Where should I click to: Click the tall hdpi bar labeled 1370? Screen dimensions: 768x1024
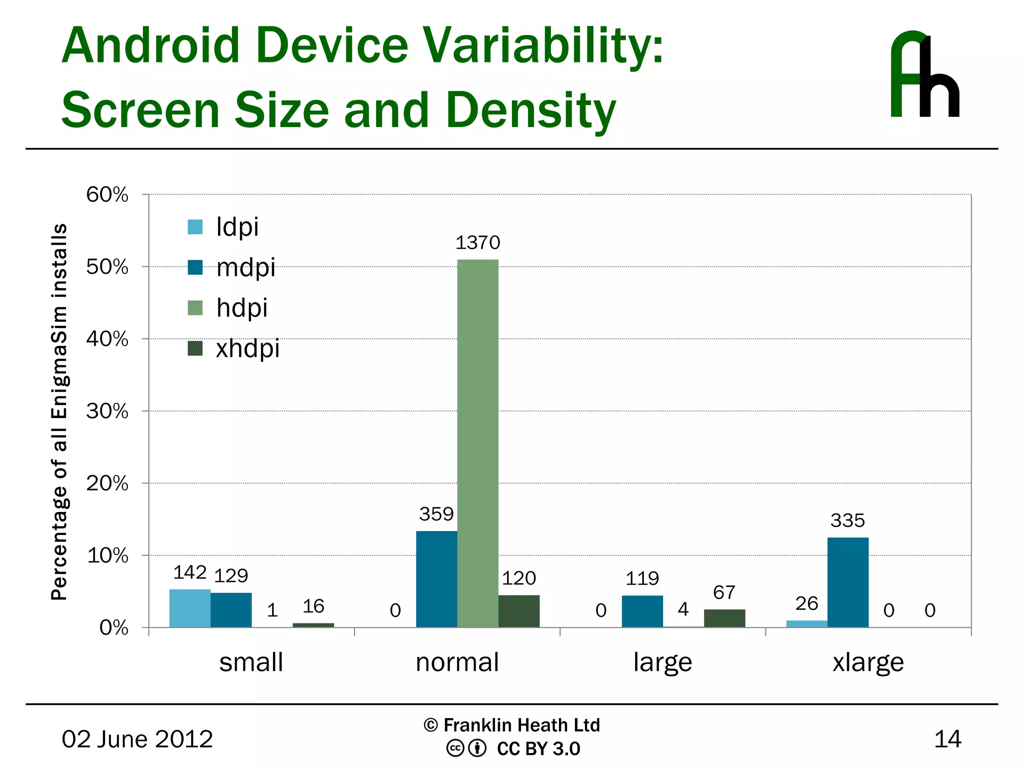point(477,442)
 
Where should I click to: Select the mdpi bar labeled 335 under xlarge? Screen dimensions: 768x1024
point(847,582)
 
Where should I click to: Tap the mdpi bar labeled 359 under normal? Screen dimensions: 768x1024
point(436,579)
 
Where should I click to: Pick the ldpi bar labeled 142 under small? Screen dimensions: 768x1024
point(189,608)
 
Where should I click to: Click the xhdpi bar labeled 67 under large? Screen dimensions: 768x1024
point(724,618)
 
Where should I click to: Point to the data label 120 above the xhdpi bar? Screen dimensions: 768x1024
point(518,578)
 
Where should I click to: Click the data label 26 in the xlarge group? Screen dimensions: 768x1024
point(806,603)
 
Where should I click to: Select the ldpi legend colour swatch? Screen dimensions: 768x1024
point(195,227)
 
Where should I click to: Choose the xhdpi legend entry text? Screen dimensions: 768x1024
point(247,348)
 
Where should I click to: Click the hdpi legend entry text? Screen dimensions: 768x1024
point(241,308)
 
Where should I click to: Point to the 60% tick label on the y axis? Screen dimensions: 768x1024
point(107,194)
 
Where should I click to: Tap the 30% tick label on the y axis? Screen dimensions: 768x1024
point(107,411)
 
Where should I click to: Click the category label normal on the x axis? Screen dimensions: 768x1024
point(457,662)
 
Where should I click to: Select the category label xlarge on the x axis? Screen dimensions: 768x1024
point(868,662)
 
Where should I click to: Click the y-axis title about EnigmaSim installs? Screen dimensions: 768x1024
point(59,411)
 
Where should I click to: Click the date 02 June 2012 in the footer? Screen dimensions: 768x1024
point(137,739)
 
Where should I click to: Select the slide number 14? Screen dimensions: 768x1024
point(947,739)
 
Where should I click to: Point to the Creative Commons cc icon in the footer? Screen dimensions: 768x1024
point(455,748)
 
